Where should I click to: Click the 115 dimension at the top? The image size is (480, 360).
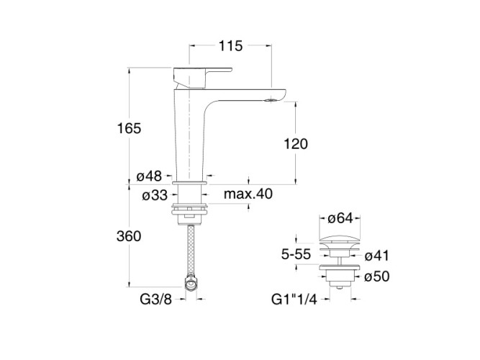click(x=230, y=46)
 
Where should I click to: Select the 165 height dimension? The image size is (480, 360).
click(x=129, y=128)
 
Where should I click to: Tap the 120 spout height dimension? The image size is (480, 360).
click(x=296, y=144)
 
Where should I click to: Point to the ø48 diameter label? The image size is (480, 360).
click(x=149, y=176)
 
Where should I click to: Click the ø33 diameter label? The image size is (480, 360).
click(x=155, y=195)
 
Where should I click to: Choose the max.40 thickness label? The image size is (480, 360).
click(x=248, y=194)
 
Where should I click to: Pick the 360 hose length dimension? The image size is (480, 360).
click(x=129, y=236)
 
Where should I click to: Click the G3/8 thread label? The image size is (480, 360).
click(x=156, y=300)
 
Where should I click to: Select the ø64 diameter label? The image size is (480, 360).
click(x=340, y=218)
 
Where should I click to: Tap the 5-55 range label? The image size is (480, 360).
click(x=296, y=254)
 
